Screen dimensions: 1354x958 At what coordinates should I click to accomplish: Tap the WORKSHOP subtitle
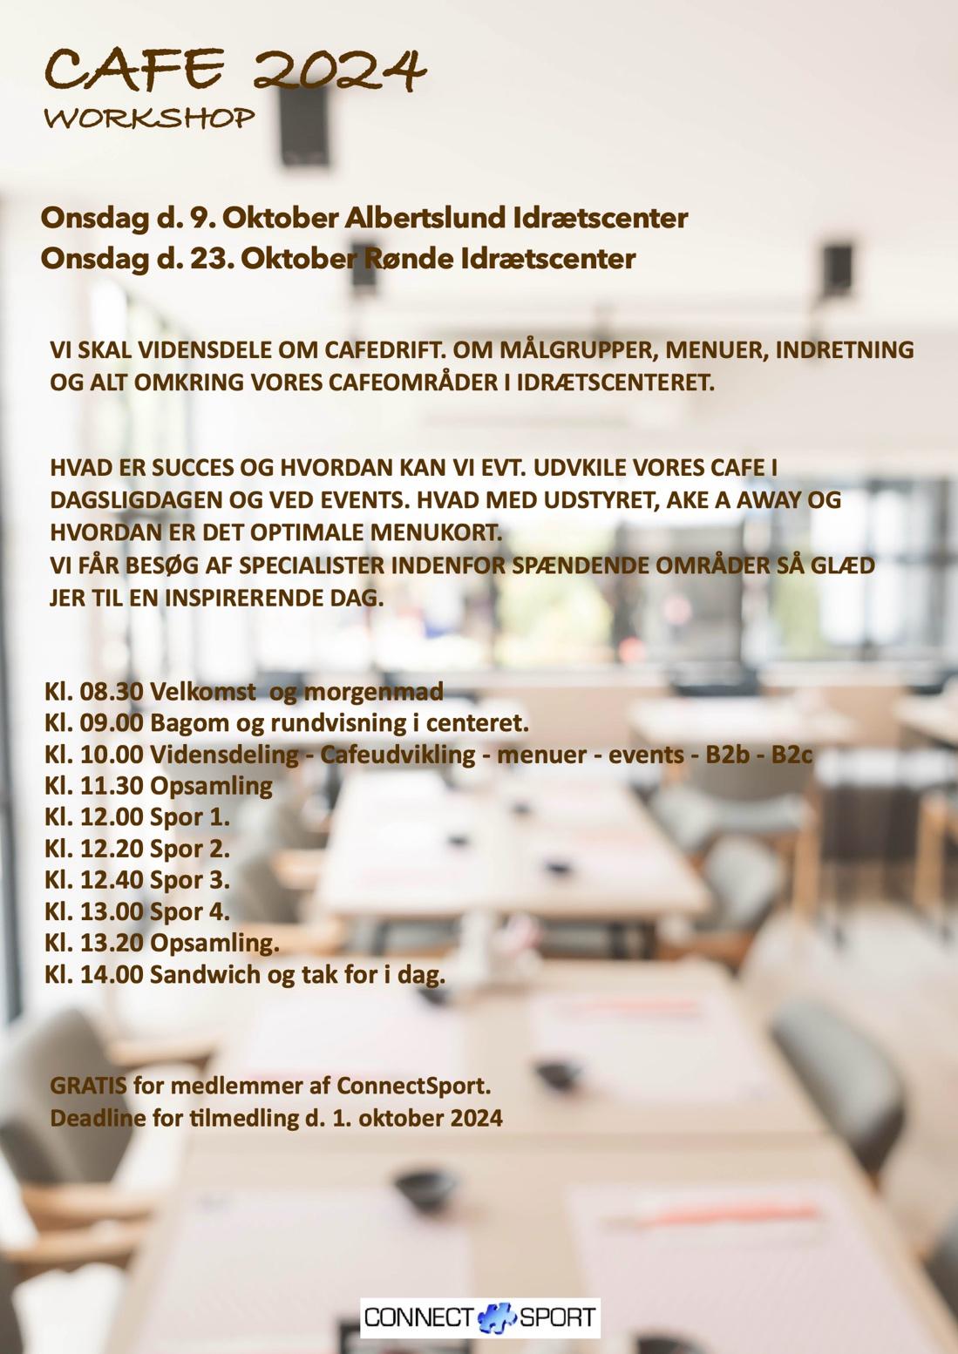tap(149, 118)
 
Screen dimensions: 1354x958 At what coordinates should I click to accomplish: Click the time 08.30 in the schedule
tap(112, 692)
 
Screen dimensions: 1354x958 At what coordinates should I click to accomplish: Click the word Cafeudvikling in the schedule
tap(397, 755)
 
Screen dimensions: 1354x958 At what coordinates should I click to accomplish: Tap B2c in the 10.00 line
tap(792, 755)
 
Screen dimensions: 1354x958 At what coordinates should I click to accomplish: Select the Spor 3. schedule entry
tap(190, 880)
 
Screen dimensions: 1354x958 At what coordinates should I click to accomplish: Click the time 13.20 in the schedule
tap(112, 943)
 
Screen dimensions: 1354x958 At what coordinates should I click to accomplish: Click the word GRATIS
tap(88, 1086)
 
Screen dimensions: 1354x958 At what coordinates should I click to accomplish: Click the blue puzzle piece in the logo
tap(496, 1317)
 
